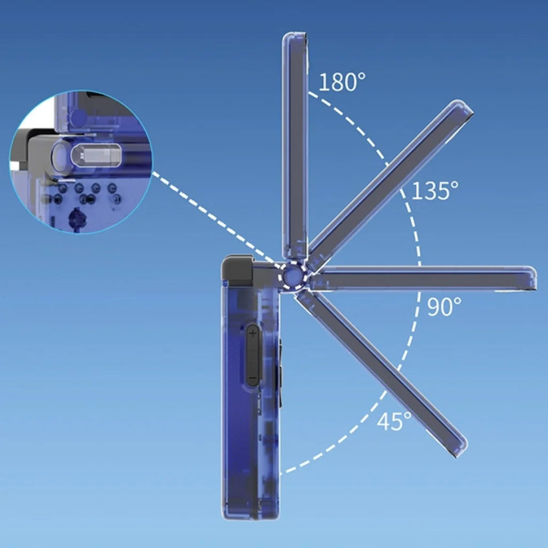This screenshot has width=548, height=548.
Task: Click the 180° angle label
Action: tap(342, 82)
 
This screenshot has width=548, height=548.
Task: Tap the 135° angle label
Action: tap(435, 191)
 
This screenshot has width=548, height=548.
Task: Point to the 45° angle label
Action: tap(394, 421)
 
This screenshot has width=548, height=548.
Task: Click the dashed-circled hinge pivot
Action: tap(293, 276)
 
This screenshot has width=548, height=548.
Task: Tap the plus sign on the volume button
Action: tap(253, 333)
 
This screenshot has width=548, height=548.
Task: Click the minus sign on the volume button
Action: tap(253, 378)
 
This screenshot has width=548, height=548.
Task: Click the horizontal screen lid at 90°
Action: tap(423, 278)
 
